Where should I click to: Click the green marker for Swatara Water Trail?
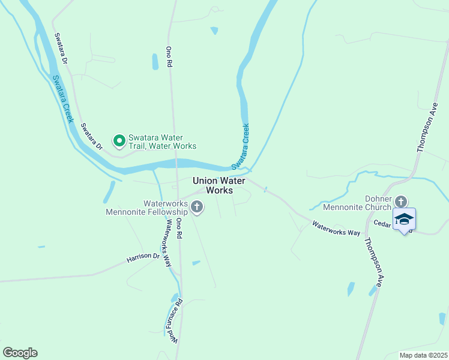pos(119,141)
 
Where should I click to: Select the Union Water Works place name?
pos(218,185)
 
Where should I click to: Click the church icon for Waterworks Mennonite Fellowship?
pos(197,208)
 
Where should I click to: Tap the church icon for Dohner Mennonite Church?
pos(402,202)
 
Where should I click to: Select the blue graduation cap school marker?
pos(404,219)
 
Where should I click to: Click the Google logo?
pos(20,353)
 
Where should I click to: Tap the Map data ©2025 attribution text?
pos(423,355)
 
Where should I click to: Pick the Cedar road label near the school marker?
pos(383,223)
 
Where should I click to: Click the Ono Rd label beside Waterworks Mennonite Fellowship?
pos(179,229)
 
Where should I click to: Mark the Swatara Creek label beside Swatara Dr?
pos(62,99)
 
